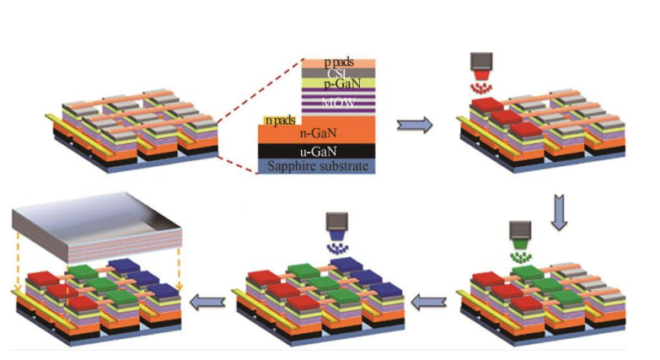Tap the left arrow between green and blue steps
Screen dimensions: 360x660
pos(428,298)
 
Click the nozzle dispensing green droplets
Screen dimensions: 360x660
pos(520,231)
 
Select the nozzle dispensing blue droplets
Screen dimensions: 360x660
pos(338,223)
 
